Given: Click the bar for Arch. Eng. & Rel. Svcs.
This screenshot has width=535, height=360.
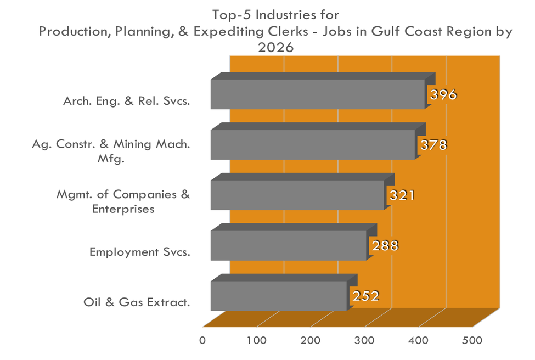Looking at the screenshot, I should click(x=317, y=94).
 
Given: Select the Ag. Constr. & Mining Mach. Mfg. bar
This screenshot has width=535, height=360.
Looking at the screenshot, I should click(x=312, y=144).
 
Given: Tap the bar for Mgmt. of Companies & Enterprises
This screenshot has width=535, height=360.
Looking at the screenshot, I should click(x=297, y=195).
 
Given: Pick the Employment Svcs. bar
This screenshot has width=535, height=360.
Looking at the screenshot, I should click(x=288, y=245).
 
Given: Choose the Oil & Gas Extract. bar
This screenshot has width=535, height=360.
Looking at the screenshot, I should click(x=279, y=296).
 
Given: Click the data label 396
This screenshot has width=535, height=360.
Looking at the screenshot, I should click(x=443, y=95).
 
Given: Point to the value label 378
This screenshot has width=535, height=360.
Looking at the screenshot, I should click(x=433, y=145).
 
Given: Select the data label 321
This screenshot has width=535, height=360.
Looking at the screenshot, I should click(x=401, y=196).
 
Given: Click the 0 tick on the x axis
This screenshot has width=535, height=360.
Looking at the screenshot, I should click(x=202, y=340).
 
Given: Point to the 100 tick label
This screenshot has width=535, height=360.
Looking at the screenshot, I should click(x=256, y=340).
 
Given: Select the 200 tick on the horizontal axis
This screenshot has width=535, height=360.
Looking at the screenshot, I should click(x=311, y=340).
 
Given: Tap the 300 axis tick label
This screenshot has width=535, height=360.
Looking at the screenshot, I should click(x=364, y=340).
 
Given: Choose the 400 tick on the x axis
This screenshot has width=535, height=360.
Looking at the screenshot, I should click(x=419, y=340).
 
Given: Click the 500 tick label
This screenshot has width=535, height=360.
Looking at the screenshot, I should click(x=472, y=340).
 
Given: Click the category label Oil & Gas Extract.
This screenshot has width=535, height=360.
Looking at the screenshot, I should click(x=137, y=302).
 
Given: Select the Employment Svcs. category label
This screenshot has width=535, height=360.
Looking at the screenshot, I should click(x=139, y=252).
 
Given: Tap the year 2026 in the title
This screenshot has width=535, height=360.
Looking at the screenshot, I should click(x=276, y=48).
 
